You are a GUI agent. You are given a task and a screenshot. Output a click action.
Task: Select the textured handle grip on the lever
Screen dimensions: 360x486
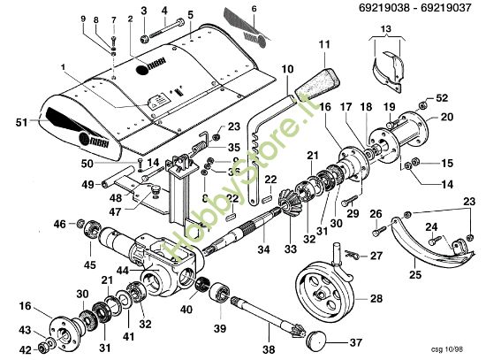coord(315,80)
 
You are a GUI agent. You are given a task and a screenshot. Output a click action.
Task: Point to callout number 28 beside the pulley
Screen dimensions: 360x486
coord(376,299)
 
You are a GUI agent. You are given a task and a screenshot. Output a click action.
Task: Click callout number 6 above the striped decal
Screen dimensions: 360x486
coord(254,9)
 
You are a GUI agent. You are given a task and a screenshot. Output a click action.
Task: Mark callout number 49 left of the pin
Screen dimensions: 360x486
coord(87,185)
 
